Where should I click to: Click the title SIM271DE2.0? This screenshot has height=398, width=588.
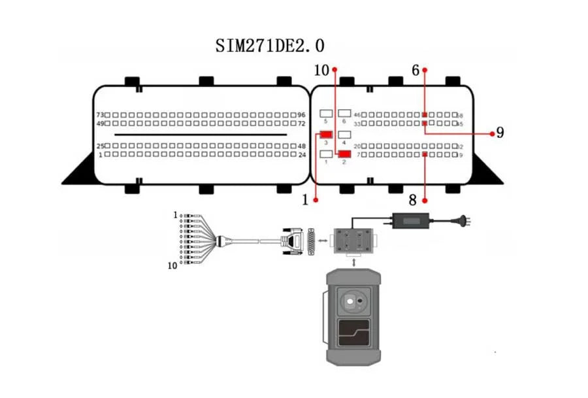[x=270, y=46]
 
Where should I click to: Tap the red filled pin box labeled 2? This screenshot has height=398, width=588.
[x=344, y=154]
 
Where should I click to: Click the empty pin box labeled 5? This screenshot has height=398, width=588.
[x=326, y=114]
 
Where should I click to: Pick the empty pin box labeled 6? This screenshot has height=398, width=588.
[x=344, y=114]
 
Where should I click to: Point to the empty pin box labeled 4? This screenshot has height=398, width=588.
[x=344, y=134]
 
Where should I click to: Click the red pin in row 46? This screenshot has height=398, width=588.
[x=425, y=114]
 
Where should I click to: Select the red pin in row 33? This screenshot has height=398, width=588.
[x=425, y=123]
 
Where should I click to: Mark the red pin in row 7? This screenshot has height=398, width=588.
[x=425, y=154]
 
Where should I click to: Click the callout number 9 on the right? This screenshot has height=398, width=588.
[x=500, y=133]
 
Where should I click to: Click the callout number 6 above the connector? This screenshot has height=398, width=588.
[x=415, y=69]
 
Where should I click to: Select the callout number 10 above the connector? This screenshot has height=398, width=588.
[x=321, y=69]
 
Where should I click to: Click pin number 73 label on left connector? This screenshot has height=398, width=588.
[x=100, y=114]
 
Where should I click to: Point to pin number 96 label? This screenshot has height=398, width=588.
[x=301, y=114]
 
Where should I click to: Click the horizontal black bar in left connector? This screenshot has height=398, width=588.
[x=201, y=135]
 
